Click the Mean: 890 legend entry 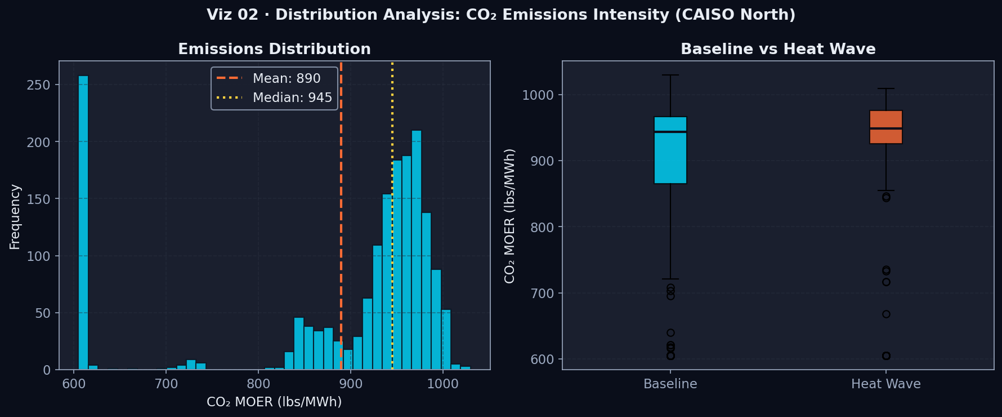[x=274, y=78]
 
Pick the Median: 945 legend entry [x=274, y=97]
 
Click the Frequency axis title [x=15, y=216]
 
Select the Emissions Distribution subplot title [x=274, y=49]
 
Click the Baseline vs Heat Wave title [x=778, y=49]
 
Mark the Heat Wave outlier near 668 [x=886, y=314]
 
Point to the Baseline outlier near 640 [x=670, y=332]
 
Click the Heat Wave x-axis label [x=886, y=384]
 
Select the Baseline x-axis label [x=670, y=384]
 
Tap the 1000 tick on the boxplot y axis [x=538, y=95]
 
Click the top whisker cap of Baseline [x=670, y=75]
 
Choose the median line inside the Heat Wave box [x=886, y=128]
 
